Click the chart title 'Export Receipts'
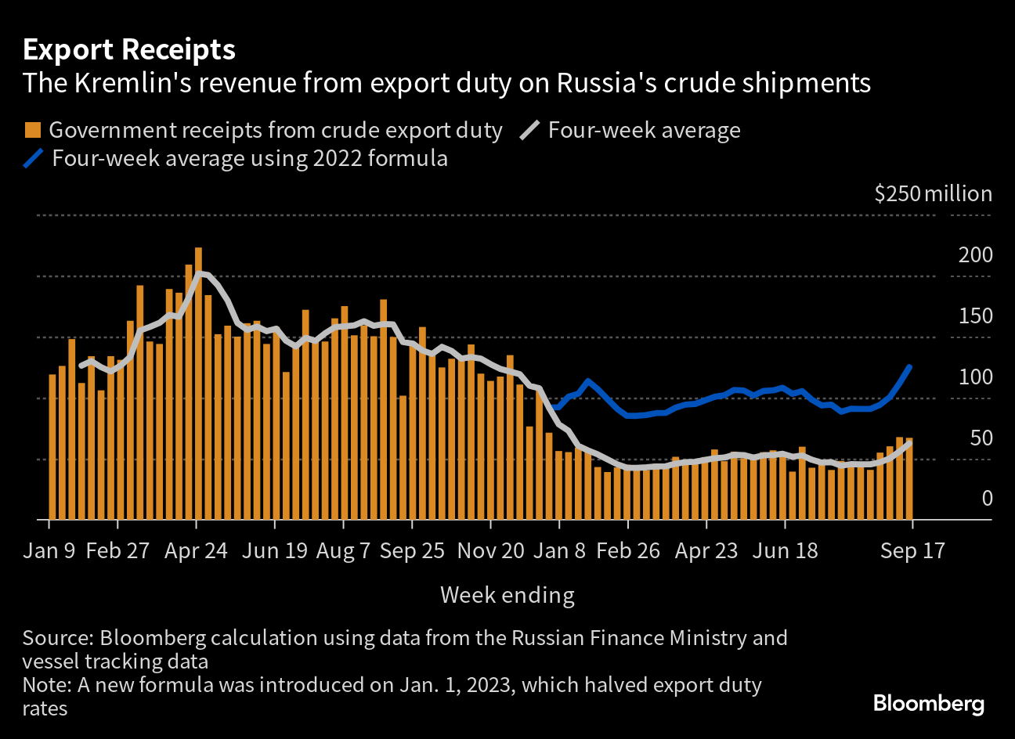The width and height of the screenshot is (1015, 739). pos(129,50)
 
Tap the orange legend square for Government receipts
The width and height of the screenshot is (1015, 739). pos(33,130)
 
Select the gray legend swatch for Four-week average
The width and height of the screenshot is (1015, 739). pos(530,130)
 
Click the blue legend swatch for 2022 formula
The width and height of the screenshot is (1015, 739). pos(34,158)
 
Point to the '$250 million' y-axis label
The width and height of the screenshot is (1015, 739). pos(933,194)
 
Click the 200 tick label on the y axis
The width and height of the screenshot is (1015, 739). pos(975,255)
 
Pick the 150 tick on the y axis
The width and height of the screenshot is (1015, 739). pos(975,316)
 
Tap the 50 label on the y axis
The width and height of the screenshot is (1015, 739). pos(981,438)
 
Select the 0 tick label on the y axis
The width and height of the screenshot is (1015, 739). pos(986,499)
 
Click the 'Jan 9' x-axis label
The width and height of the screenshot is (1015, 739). pos(49,550)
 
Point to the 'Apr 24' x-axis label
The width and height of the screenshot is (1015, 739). pos(196,550)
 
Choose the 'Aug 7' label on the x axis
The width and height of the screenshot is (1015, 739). pos(343,550)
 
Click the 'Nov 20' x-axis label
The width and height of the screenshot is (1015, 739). pos(490,550)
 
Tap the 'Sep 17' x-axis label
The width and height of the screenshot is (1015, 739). pos(912,550)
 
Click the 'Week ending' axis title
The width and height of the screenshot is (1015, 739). pos(507,595)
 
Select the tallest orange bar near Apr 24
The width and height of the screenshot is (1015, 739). pos(198,384)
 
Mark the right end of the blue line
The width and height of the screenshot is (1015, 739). pos(909,366)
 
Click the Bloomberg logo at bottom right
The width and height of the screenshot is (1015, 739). pos(928,703)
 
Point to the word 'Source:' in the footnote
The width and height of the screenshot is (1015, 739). pos(57,638)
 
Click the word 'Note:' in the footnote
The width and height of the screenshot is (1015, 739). pos(47,686)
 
